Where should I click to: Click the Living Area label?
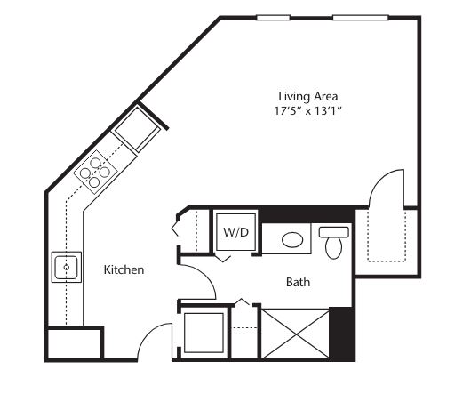[308, 96]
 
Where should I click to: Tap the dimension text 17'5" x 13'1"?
[308, 111]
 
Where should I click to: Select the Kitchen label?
[124, 269]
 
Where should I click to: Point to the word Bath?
[298, 282]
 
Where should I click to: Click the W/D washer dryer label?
[236, 232]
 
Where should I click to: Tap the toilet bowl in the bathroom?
[334, 248]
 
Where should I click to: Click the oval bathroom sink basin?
[292, 240]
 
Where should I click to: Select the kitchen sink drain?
[67, 267]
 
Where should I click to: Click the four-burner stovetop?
[95, 173]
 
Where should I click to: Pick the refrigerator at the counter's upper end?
[136, 129]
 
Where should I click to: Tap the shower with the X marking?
[296, 334]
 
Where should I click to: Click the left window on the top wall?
[273, 18]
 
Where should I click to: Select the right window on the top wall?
[361, 18]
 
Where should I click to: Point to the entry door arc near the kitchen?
[148, 334]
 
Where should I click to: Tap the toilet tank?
[334, 232]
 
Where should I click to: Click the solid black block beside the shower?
[342, 334]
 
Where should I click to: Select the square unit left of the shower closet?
[204, 333]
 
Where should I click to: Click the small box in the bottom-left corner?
[74, 344]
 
